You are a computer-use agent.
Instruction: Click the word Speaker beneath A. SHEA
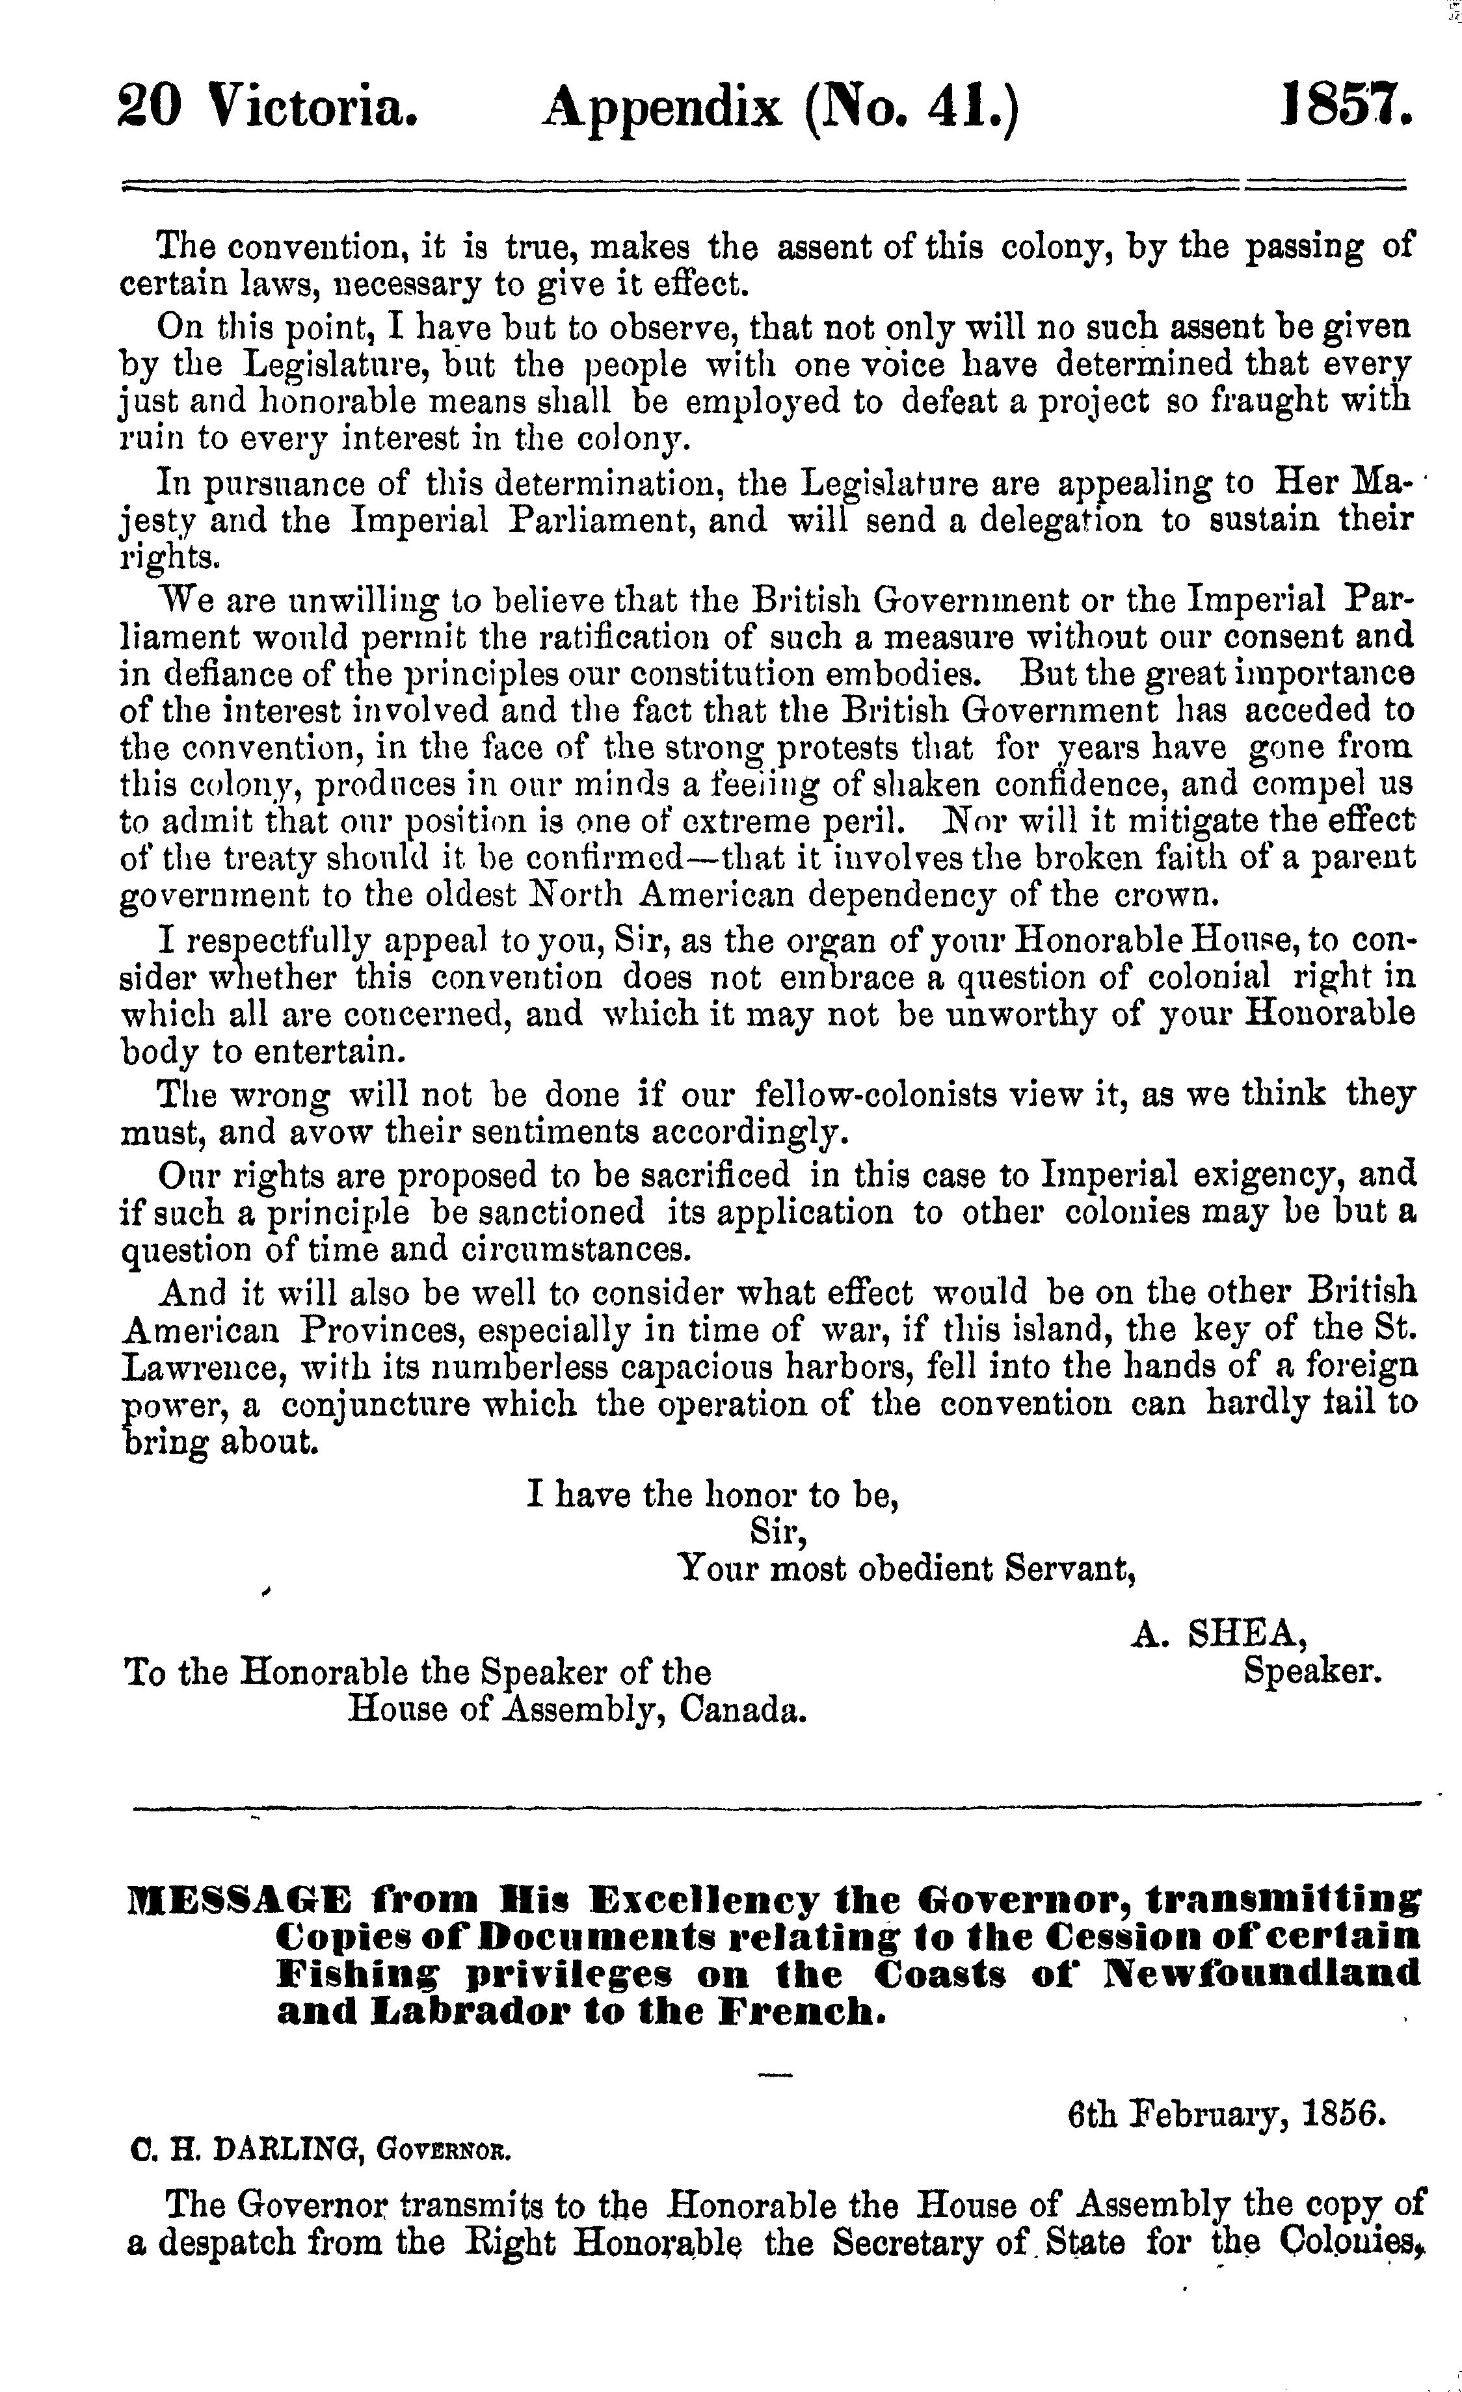pyautogui.click(x=1312, y=1671)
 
